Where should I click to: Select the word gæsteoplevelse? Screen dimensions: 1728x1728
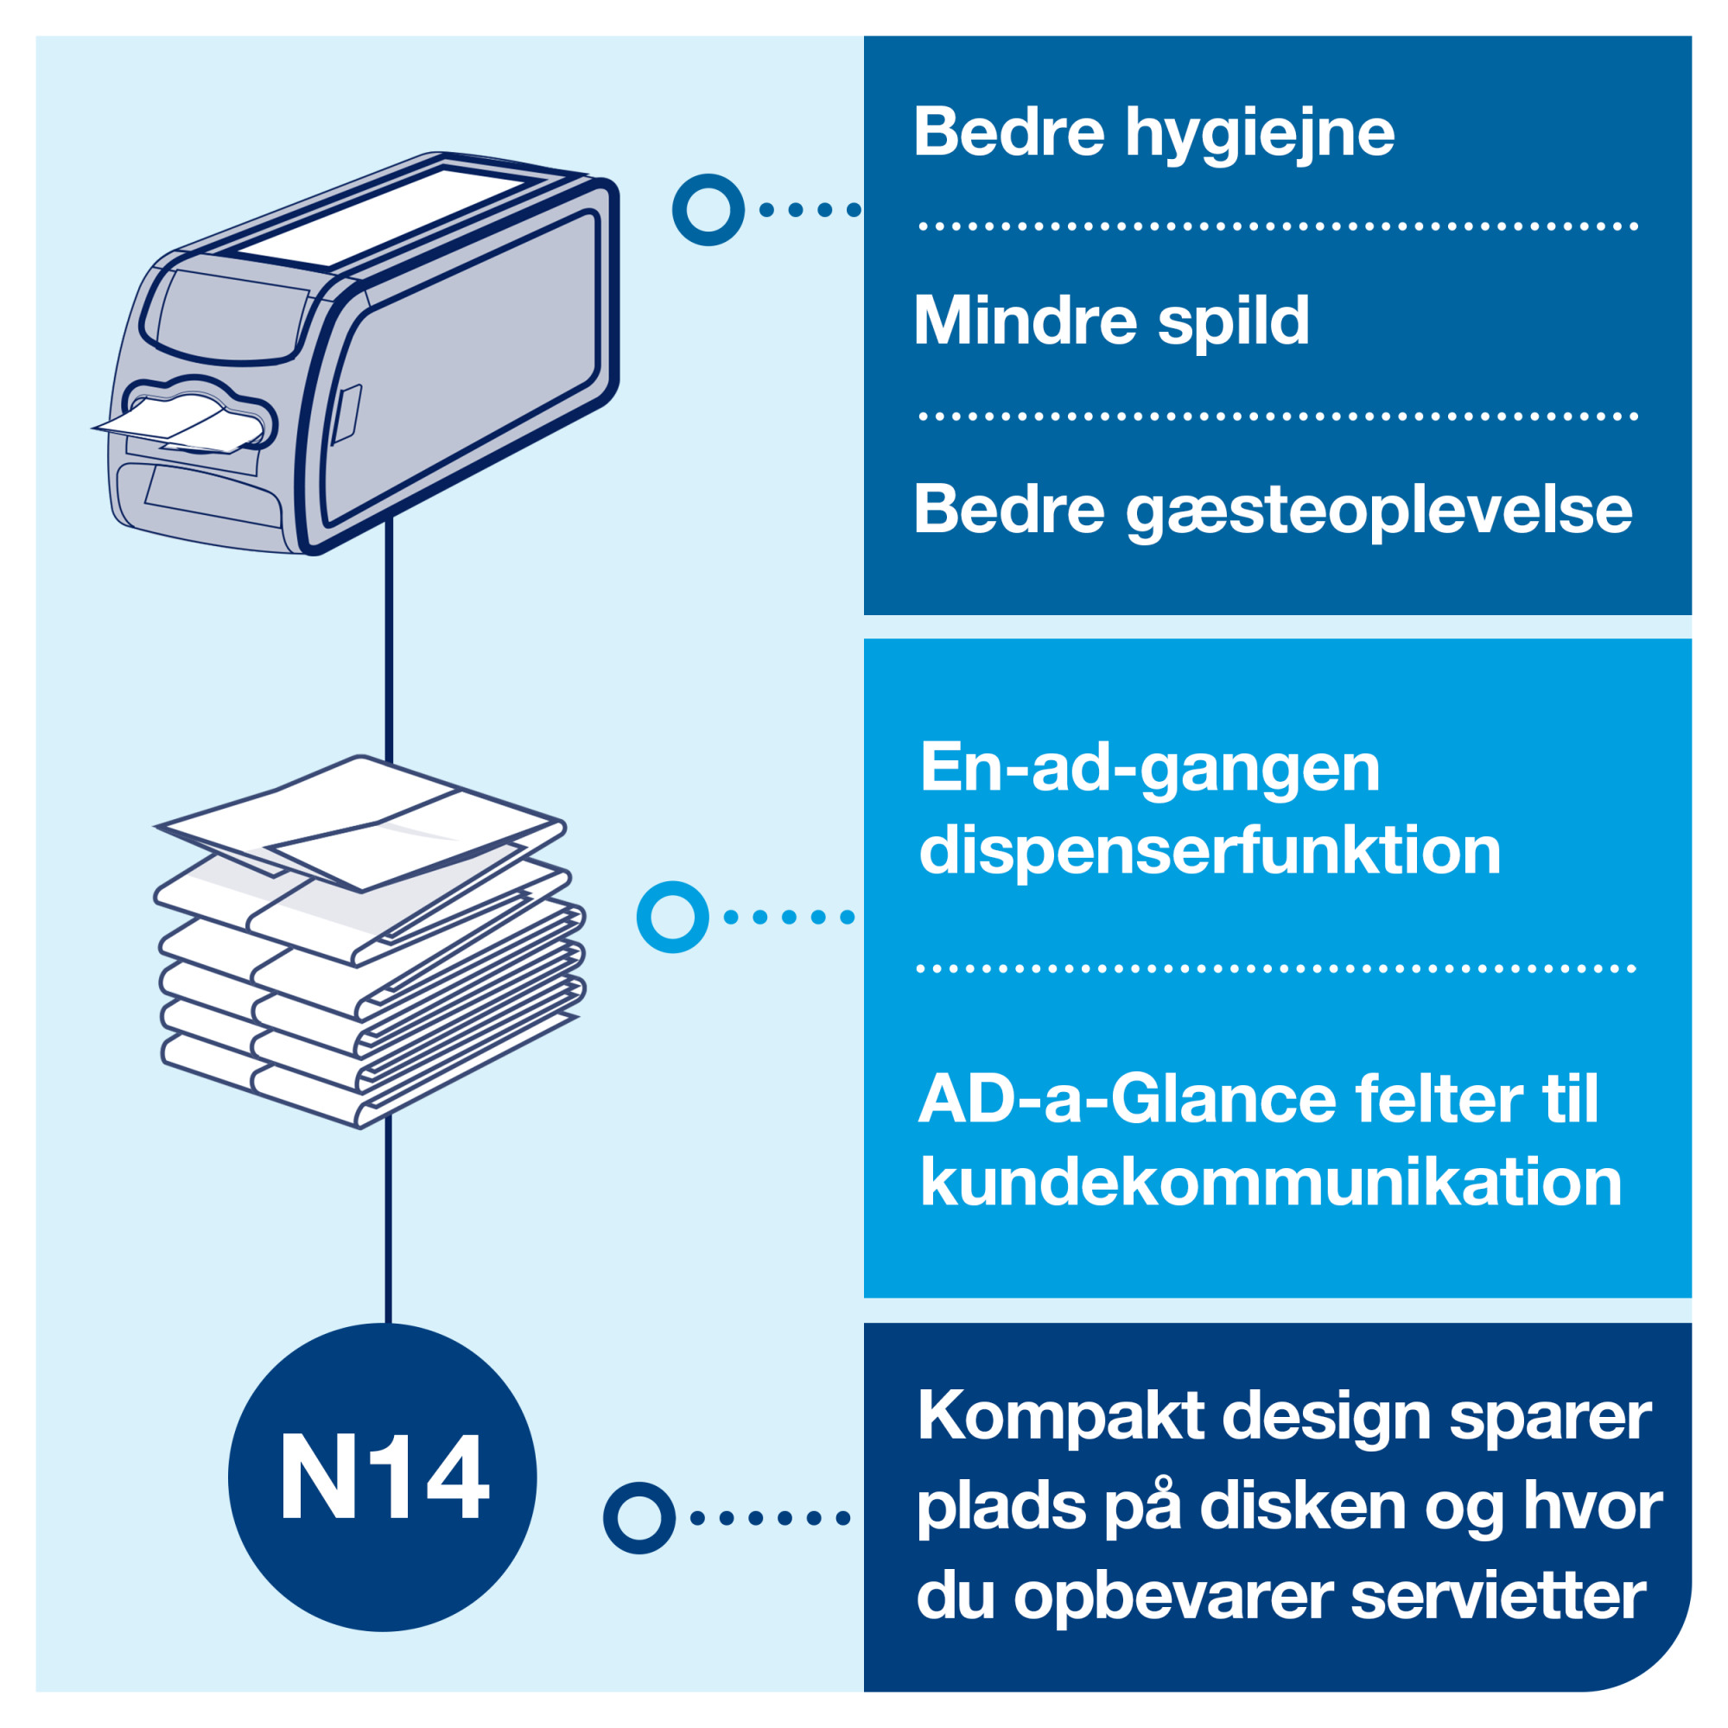pyautogui.click(x=1378, y=511)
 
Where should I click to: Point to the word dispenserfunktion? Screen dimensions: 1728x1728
pyautogui.click(x=1210, y=852)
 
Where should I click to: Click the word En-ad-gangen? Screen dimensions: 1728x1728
pyautogui.click(x=1150, y=769)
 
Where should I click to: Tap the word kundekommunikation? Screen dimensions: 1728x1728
pyautogui.click(x=1271, y=1183)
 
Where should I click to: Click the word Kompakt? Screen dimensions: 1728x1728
pyautogui.click(x=1061, y=1417)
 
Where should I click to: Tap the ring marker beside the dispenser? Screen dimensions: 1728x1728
pyautogui.click(x=708, y=210)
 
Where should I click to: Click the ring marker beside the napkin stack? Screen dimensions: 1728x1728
pyautogui.click(x=672, y=917)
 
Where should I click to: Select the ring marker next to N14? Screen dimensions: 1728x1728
pyautogui.click(x=638, y=1518)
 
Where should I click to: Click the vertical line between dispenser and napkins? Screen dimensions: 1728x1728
pyautogui.click(x=389, y=639)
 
